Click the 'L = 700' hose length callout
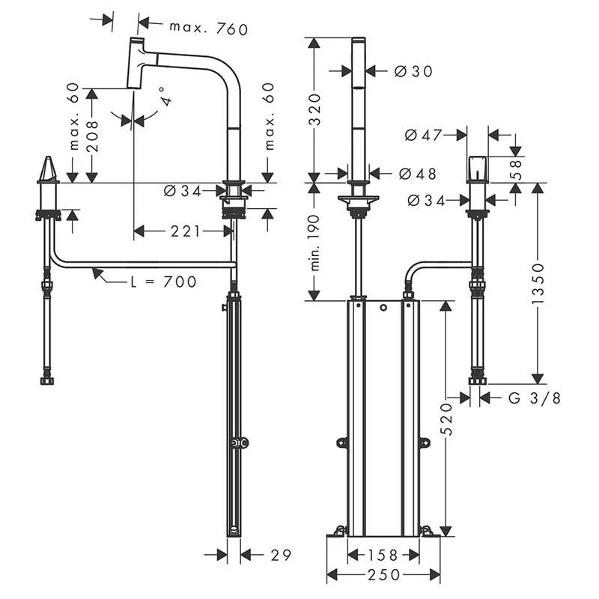coord(162,282)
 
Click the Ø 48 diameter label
coord(417,174)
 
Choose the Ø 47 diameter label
coord(422,136)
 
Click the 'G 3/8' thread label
coord(534,398)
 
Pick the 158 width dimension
coord(383,556)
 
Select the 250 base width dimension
coord(383,575)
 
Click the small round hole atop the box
coord(383,308)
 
